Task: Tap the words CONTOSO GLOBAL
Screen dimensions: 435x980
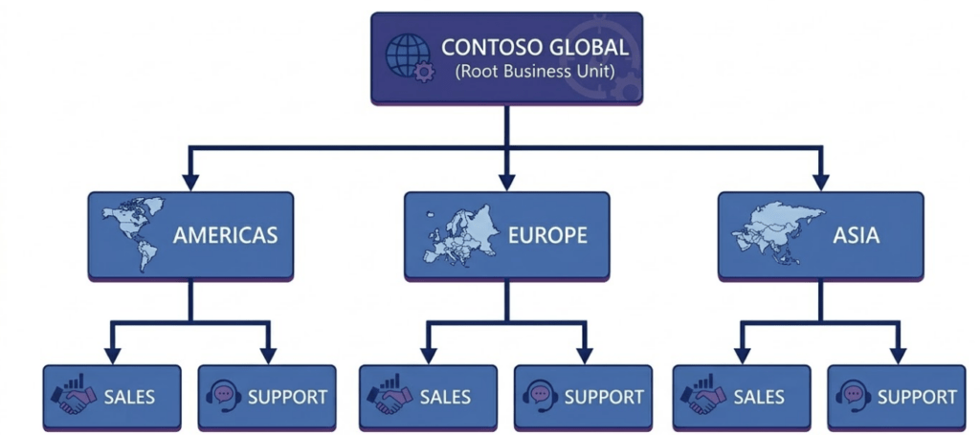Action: click(x=535, y=46)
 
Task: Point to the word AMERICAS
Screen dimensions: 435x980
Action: click(x=225, y=235)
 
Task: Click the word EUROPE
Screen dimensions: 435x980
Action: click(x=548, y=235)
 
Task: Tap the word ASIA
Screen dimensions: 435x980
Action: click(x=857, y=235)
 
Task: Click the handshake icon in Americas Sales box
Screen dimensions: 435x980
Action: click(x=73, y=396)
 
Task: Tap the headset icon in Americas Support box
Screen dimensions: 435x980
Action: click(x=223, y=396)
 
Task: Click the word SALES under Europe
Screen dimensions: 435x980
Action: click(x=444, y=396)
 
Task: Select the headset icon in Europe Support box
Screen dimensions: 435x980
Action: click(x=539, y=396)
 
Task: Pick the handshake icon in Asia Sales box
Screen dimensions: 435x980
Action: click(x=702, y=396)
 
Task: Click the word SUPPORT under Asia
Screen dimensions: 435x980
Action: click(x=916, y=396)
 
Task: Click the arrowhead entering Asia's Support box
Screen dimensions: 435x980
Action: click(x=898, y=355)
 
